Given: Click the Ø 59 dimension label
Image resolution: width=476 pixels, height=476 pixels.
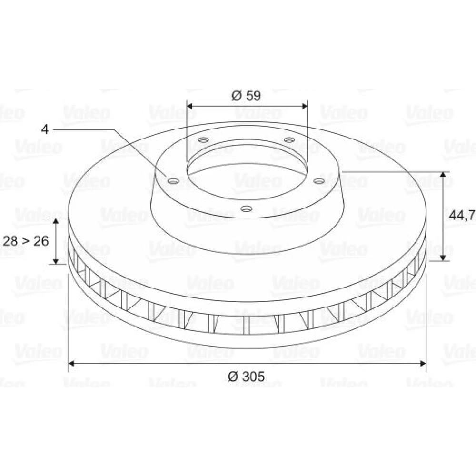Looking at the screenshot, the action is tap(246, 95).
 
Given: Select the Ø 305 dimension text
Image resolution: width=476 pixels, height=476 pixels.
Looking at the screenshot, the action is tap(246, 377).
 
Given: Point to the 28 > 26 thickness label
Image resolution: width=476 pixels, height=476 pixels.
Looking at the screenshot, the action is tap(26, 241).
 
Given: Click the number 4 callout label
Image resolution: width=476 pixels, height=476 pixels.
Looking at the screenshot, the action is tap(45, 129).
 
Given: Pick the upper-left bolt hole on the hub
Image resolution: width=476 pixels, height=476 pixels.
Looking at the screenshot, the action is tap(204, 140).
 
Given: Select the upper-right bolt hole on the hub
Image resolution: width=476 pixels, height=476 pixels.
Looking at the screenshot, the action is tap(289, 139).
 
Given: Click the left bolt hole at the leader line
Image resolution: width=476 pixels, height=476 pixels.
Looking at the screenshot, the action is tap(173, 181).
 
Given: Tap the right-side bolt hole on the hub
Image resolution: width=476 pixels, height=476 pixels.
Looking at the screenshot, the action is tap(319, 181).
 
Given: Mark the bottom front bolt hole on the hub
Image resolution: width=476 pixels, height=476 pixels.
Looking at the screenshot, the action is tap(247, 208).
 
